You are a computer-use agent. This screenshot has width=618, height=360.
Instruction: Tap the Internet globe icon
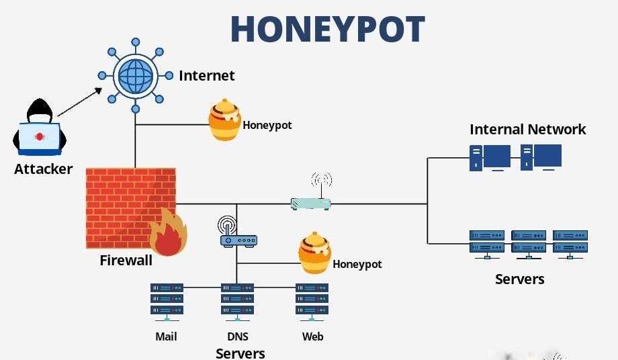pos(135,75)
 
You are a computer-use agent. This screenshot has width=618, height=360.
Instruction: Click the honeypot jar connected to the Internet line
pos(224,121)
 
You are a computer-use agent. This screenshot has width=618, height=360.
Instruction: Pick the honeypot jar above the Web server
pos(314,253)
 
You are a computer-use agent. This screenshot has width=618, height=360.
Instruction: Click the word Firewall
pos(126,261)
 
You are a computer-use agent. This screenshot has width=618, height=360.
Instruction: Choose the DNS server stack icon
pos(237,300)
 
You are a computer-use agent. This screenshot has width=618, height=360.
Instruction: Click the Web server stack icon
pos(312,300)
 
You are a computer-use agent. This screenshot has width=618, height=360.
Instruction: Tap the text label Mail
pos(166,336)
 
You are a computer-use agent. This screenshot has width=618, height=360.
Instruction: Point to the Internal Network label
pos(527,130)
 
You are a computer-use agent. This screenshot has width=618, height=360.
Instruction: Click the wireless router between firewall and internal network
pos(311,200)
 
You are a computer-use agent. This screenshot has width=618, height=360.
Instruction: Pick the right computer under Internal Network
pos(541,157)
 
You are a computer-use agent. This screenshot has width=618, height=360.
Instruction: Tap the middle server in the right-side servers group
pos(529,244)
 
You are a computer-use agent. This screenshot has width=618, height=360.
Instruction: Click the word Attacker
pos(43,169)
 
